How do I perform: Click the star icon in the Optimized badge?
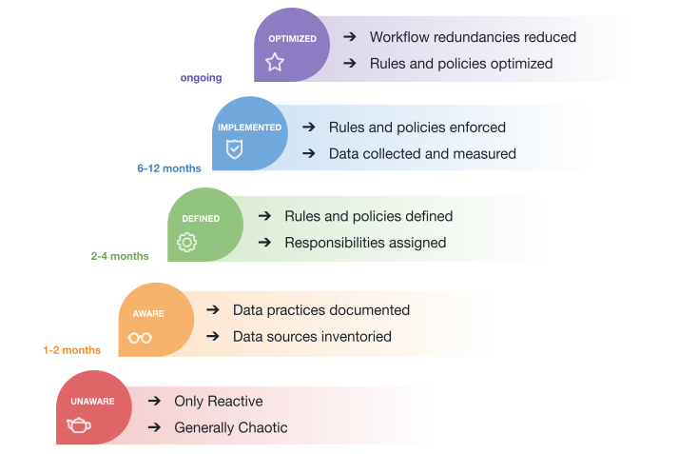(x=275, y=63)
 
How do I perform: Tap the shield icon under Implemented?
(x=234, y=148)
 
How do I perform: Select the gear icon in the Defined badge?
(x=187, y=242)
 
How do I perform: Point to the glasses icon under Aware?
(x=140, y=337)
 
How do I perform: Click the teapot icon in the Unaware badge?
(x=79, y=425)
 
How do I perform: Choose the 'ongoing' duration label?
(x=201, y=78)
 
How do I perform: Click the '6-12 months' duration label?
(x=169, y=168)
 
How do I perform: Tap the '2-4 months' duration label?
(x=120, y=256)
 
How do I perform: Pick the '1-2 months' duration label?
(x=71, y=350)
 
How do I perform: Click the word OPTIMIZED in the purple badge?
(x=292, y=39)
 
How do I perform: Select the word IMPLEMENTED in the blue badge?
(x=249, y=128)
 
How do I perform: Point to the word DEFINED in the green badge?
(x=201, y=219)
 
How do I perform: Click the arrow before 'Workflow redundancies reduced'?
(x=350, y=37)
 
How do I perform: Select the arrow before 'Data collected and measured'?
(x=308, y=153)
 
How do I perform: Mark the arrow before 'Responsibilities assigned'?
(x=264, y=243)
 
